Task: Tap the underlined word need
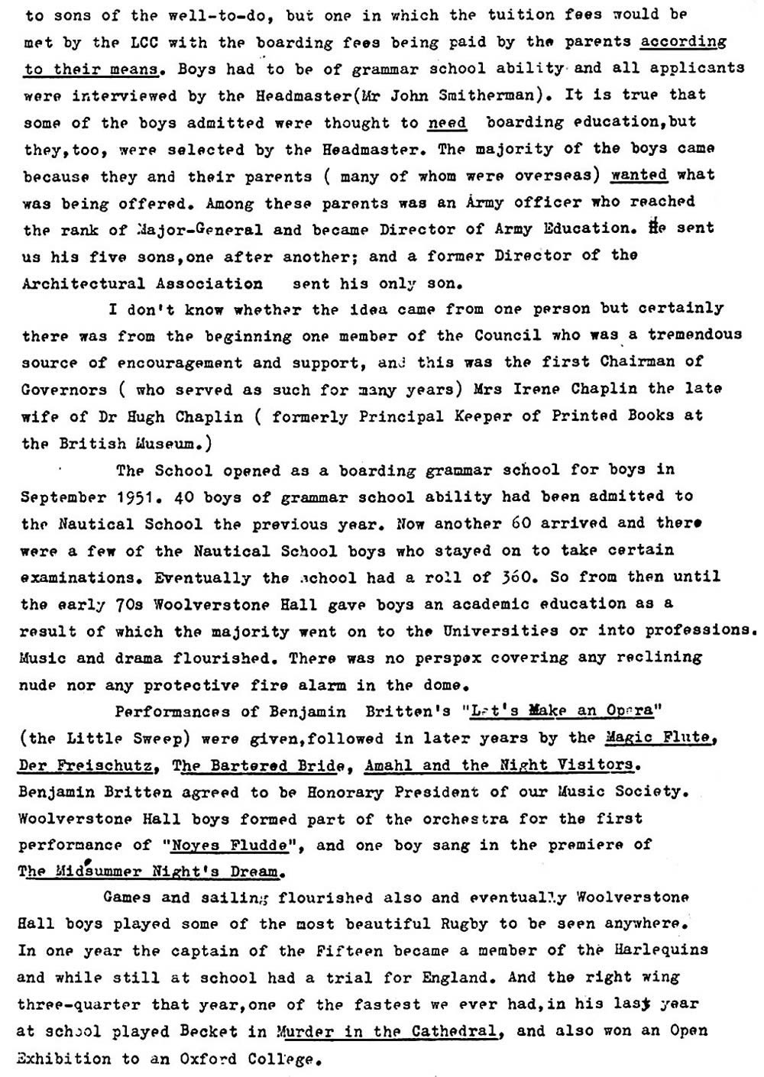tap(447, 122)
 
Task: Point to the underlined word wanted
tap(639, 175)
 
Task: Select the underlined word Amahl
tap(390, 765)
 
